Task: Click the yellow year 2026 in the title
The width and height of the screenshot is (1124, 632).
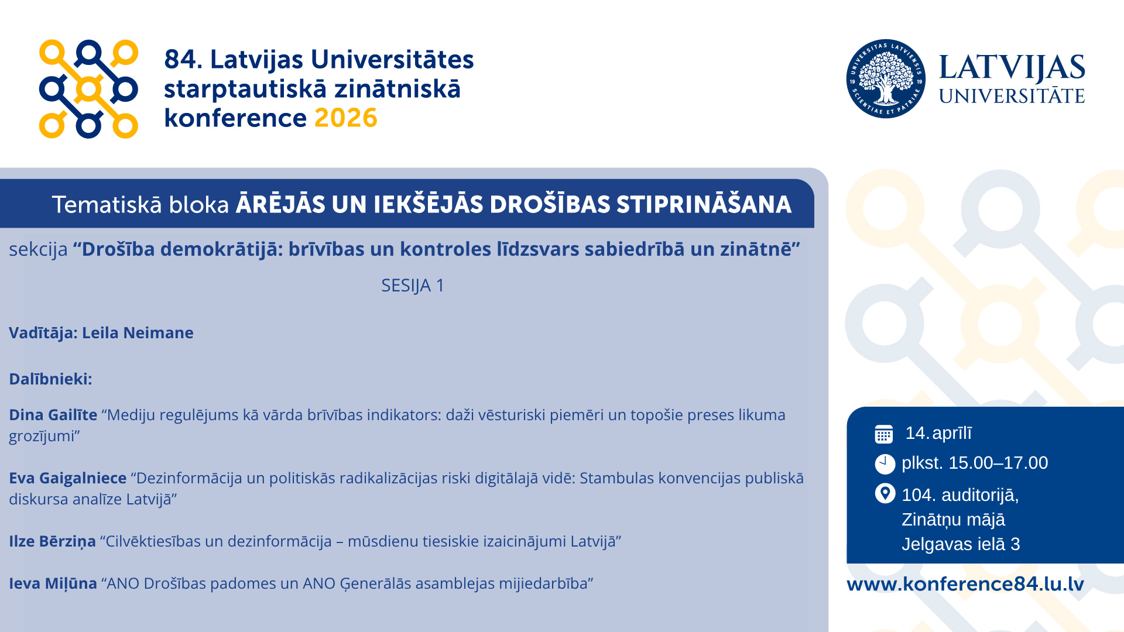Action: pos(346,118)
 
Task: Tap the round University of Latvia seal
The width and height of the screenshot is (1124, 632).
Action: pos(886,79)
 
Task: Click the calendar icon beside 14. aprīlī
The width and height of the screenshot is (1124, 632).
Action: pos(884,434)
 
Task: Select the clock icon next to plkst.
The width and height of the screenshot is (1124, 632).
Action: pos(885,464)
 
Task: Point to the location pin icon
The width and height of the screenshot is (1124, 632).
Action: pos(885,493)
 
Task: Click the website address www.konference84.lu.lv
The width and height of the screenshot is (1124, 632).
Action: pos(965,584)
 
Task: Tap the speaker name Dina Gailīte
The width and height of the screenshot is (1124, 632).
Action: pos(53,415)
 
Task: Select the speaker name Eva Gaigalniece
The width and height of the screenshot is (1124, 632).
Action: pos(68,478)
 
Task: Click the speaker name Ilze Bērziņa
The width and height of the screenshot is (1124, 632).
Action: pos(52,541)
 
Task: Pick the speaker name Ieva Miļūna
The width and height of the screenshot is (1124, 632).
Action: pos(53,583)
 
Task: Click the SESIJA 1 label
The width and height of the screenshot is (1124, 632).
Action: pos(413,286)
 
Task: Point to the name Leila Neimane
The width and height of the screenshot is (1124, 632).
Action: pos(138,333)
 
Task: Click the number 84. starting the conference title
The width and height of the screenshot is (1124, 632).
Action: pos(183,60)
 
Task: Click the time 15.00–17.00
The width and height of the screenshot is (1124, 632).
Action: pos(998,463)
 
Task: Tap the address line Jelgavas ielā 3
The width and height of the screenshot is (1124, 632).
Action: pos(961,544)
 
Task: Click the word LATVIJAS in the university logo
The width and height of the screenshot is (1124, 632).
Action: pos(1012,68)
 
